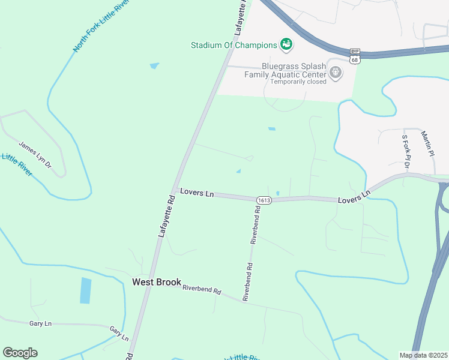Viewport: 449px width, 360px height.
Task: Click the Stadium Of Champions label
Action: click(234, 45)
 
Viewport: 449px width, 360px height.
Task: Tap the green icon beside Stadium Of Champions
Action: click(286, 44)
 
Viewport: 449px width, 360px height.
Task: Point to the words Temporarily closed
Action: click(298, 82)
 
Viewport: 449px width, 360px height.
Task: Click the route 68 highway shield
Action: click(354, 59)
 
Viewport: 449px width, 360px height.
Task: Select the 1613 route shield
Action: click(264, 199)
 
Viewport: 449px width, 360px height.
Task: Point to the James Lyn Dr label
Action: click(35, 154)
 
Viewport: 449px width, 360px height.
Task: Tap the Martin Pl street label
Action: click(427, 143)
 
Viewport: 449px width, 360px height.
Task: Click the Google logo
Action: click(20, 353)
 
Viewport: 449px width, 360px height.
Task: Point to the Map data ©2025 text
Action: click(423, 355)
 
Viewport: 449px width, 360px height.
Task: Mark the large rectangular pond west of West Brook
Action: click(86, 290)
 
